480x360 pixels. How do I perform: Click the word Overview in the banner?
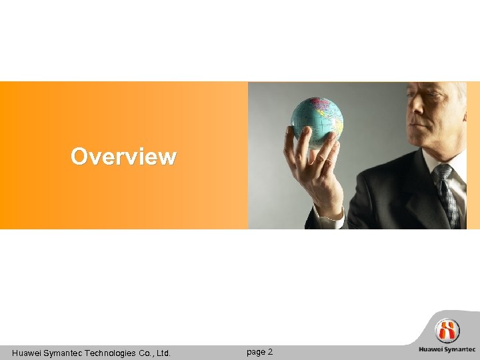coord(123,157)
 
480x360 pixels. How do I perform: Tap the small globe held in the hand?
coord(317,120)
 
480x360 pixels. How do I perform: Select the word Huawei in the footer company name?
coord(27,353)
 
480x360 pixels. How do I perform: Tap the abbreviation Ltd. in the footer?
coord(163,353)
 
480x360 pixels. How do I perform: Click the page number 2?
coord(270,351)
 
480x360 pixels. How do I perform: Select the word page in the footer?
coord(255,352)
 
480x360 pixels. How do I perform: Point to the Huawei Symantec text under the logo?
coord(447,349)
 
